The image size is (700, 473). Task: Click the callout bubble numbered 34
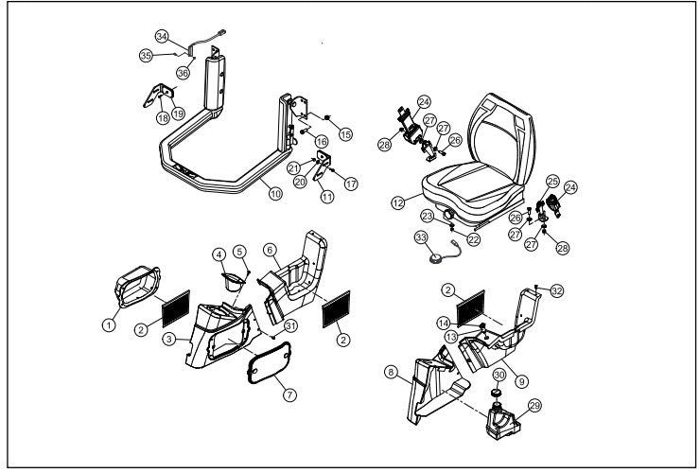162,36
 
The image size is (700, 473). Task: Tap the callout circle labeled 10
275,194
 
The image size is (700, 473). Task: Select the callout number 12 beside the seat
397,202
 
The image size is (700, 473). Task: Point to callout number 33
421,237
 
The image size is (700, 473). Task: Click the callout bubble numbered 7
289,394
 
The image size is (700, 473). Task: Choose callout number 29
534,406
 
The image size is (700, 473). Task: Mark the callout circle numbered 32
557,291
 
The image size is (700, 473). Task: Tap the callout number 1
109,324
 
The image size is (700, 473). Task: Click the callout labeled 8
391,372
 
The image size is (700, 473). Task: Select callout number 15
345,134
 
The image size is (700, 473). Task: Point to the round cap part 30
496,393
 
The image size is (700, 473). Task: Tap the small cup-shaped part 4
233,281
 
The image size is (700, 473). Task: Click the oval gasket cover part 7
270,362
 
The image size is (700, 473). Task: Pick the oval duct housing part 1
137,287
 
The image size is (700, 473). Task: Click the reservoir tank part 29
502,421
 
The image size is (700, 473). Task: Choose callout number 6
270,250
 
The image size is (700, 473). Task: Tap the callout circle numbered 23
428,217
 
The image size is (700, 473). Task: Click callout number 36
183,72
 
